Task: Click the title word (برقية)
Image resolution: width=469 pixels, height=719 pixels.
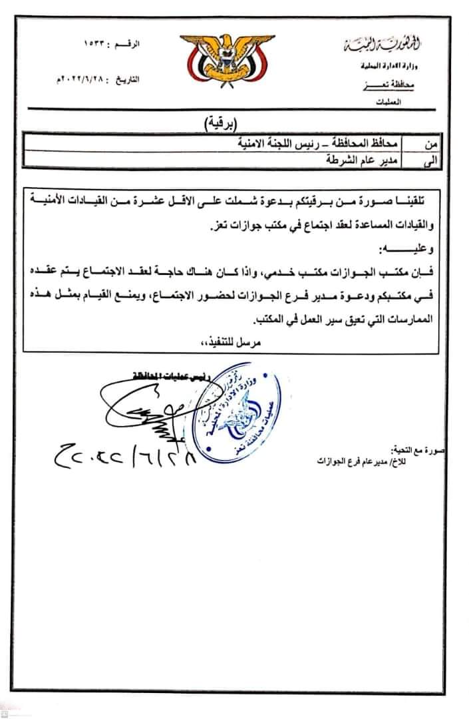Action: coord(222,122)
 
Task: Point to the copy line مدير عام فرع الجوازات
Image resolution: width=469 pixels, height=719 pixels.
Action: coord(359,463)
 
